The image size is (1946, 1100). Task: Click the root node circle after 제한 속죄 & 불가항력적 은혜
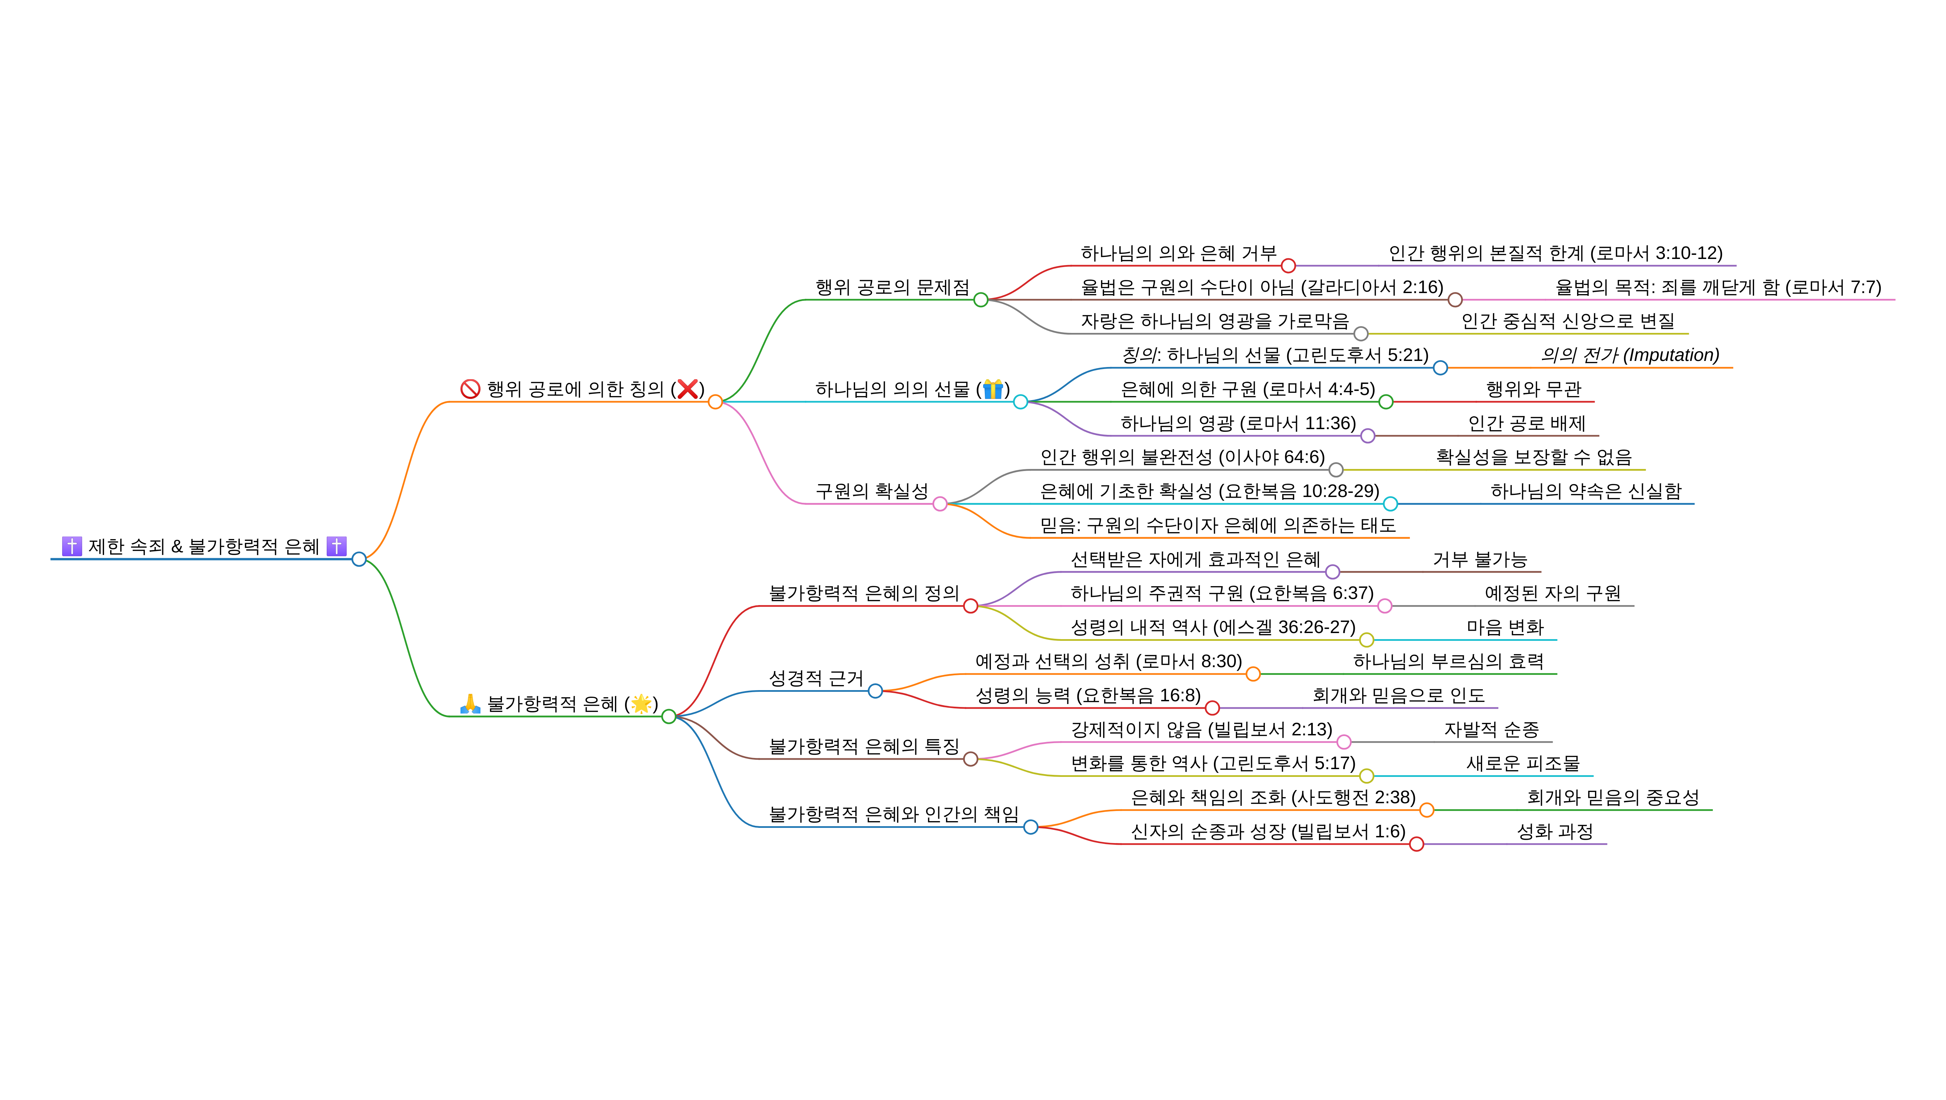click(359, 559)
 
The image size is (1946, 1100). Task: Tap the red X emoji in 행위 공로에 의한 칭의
click(687, 389)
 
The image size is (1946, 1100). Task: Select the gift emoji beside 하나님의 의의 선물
click(992, 389)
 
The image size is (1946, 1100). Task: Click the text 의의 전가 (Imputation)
click(1630, 355)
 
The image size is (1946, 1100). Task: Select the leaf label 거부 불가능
click(1479, 559)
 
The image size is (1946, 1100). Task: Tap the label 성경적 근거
click(816, 678)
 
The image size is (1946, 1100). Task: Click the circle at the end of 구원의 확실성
click(939, 504)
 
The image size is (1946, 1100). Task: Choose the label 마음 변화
click(1505, 627)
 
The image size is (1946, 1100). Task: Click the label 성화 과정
click(1554, 831)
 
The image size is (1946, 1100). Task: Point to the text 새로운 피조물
click(1523, 763)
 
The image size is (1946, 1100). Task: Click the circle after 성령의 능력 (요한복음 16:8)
click(1212, 708)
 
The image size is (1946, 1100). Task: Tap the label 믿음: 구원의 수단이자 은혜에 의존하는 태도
click(1218, 525)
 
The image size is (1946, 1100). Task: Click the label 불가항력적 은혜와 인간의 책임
click(893, 814)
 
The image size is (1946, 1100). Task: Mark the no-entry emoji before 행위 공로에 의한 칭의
click(470, 389)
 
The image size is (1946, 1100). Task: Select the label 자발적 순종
click(1491, 729)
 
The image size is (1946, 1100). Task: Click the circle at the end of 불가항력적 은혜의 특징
click(970, 759)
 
